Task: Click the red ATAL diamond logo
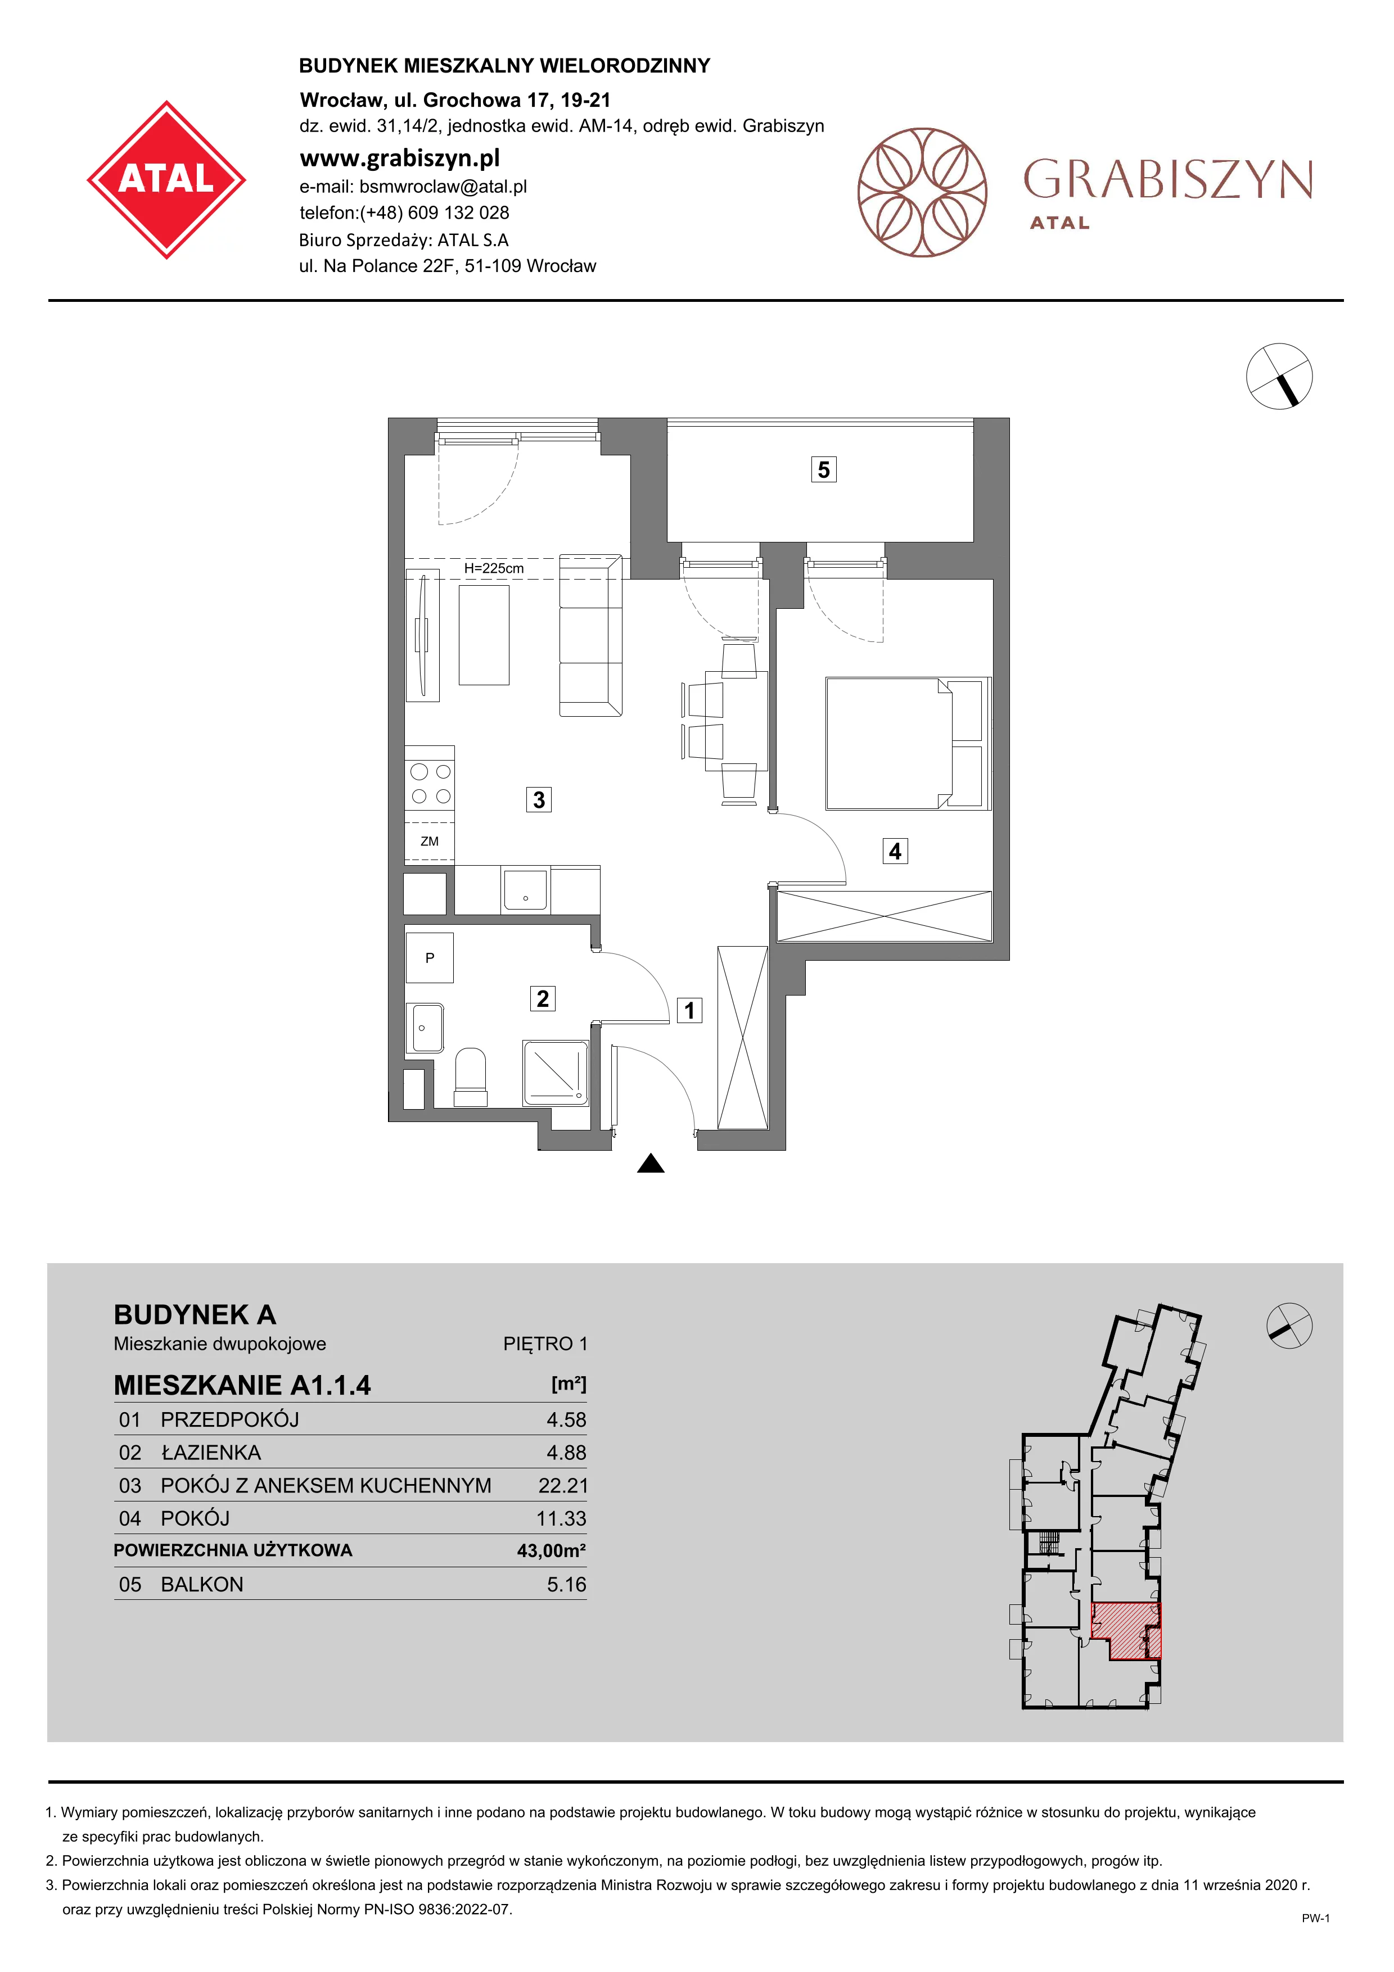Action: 166,179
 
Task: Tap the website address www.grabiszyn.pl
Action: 399,158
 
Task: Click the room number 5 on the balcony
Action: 824,470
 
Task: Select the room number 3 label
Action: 539,799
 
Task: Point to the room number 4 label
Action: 895,851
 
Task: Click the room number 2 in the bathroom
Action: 542,999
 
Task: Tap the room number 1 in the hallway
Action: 690,1010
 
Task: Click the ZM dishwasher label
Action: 430,842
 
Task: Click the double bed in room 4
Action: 908,744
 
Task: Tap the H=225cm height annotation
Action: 494,568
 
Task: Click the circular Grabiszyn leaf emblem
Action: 922,192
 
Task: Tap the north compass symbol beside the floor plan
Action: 1279,376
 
